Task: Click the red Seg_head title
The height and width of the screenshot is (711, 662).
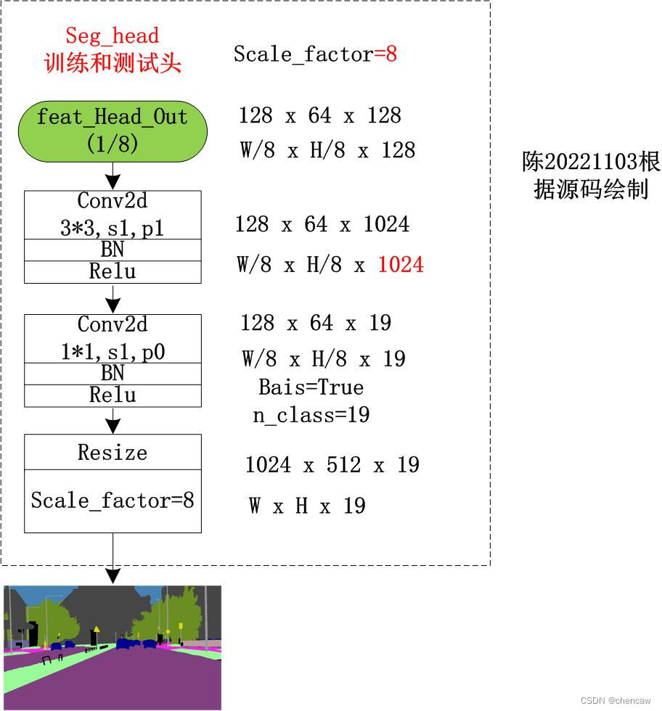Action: (113, 36)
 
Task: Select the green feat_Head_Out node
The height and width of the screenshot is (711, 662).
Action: (113, 131)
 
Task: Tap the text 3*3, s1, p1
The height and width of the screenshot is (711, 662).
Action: (113, 228)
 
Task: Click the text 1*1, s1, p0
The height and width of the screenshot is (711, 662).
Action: (113, 352)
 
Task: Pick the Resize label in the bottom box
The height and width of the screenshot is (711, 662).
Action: (113, 453)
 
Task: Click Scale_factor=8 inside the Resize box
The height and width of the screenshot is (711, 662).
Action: (113, 501)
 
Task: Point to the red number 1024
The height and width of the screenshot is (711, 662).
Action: (401, 265)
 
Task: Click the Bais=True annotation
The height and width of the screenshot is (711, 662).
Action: (311, 387)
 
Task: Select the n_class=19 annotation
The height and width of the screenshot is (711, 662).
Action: (311, 415)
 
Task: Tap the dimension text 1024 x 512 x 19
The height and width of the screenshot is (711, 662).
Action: (332, 465)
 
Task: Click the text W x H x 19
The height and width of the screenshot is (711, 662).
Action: (306, 506)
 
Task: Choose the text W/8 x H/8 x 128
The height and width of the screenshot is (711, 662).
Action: (327, 150)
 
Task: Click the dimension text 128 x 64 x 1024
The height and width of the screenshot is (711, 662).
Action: (322, 224)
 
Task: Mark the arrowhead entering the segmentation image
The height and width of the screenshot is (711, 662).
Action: (113, 576)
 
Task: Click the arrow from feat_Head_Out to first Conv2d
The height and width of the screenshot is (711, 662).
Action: (113, 176)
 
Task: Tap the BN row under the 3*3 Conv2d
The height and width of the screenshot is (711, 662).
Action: (113, 250)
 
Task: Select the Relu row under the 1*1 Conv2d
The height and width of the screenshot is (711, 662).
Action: (113, 395)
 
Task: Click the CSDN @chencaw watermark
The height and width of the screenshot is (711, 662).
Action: (616, 700)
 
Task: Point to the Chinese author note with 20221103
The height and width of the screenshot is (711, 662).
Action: (591, 176)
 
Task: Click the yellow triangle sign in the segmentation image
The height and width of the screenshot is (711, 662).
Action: (97, 629)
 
